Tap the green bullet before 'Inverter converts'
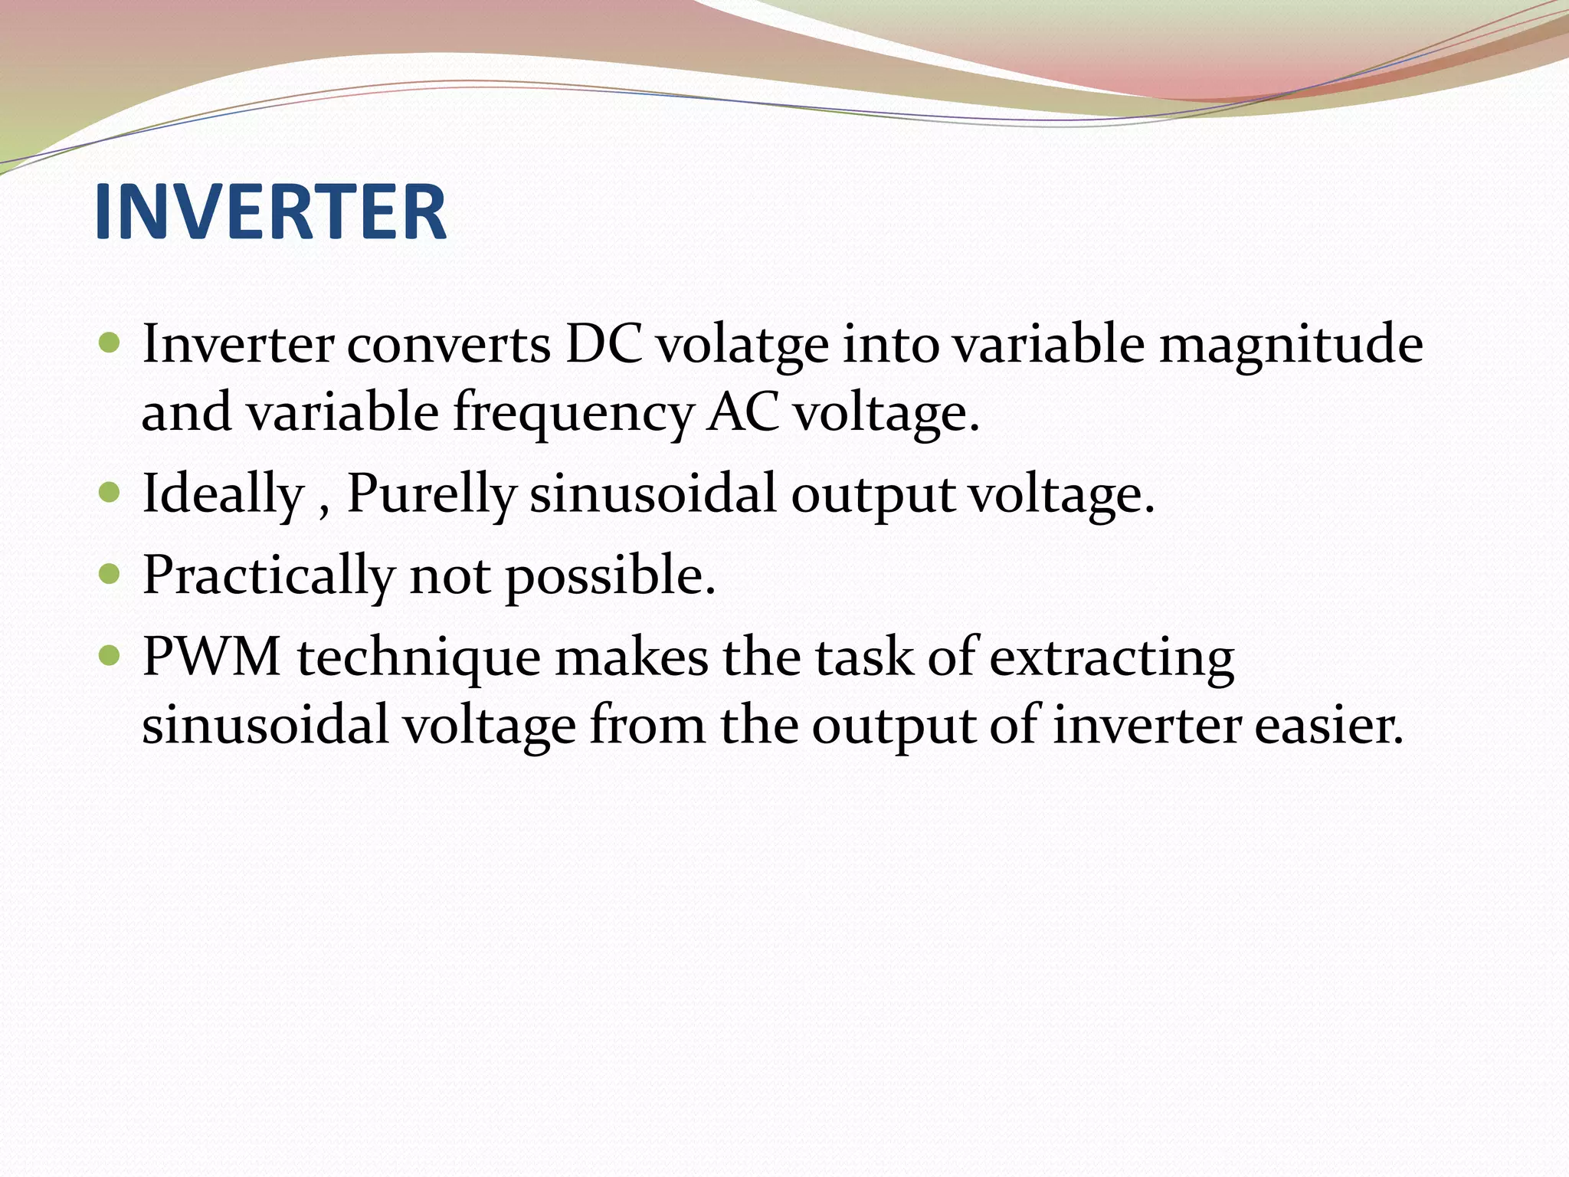pos(110,342)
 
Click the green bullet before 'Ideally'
pos(110,491)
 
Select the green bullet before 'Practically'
pos(110,573)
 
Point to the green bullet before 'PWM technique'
pos(110,654)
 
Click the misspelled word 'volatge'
pos(742,345)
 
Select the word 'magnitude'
pos(1291,345)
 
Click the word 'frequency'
pos(572,414)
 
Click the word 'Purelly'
pos(431,494)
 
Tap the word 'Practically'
pos(269,575)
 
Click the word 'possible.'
pos(611,575)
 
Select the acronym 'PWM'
pos(212,657)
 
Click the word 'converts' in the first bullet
pos(449,345)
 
